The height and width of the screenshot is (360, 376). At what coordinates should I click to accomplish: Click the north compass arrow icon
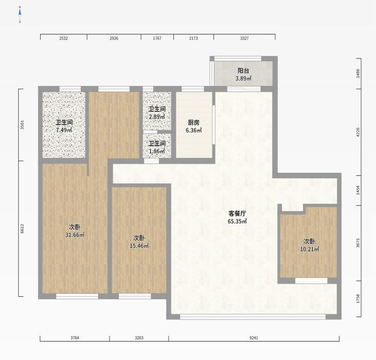click(x=20, y=14)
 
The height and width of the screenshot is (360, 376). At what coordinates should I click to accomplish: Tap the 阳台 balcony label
click(x=243, y=70)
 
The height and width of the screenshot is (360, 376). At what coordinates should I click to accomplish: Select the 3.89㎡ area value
click(x=243, y=78)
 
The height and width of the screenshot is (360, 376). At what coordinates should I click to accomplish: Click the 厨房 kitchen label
click(x=193, y=123)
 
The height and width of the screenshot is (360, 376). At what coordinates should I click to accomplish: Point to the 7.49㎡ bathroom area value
click(x=64, y=130)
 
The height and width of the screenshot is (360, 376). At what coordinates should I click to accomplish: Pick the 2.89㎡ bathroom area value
click(x=157, y=117)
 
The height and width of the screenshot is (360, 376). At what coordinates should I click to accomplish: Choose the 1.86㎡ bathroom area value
click(x=157, y=151)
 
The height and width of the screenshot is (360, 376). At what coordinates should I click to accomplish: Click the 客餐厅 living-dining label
click(x=237, y=213)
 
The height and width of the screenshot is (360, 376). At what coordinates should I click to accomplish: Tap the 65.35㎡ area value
click(x=237, y=221)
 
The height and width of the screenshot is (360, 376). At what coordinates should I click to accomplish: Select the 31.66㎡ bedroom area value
click(x=75, y=235)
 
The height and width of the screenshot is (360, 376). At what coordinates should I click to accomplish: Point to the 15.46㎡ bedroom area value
click(x=139, y=246)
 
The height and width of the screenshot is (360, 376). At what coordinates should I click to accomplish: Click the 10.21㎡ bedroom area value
click(x=310, y=249)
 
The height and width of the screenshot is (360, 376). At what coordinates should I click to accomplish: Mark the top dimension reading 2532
click(x=64, y=38)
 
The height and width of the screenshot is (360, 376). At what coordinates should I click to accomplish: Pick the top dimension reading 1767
click(x=157, y=38)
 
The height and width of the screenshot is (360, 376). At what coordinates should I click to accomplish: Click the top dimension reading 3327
click(x=244, y=38)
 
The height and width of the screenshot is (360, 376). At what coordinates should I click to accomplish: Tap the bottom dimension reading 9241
click(x=254, y=338)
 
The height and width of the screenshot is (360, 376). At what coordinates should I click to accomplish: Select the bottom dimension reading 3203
click(x=139, y=338)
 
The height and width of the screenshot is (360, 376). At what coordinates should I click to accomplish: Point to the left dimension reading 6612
click(x=22, y=229)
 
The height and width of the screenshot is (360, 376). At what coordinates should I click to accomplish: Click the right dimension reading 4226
click(x=358, y=132)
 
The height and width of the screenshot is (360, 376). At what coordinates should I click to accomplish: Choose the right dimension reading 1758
click(x=358, y=299)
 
